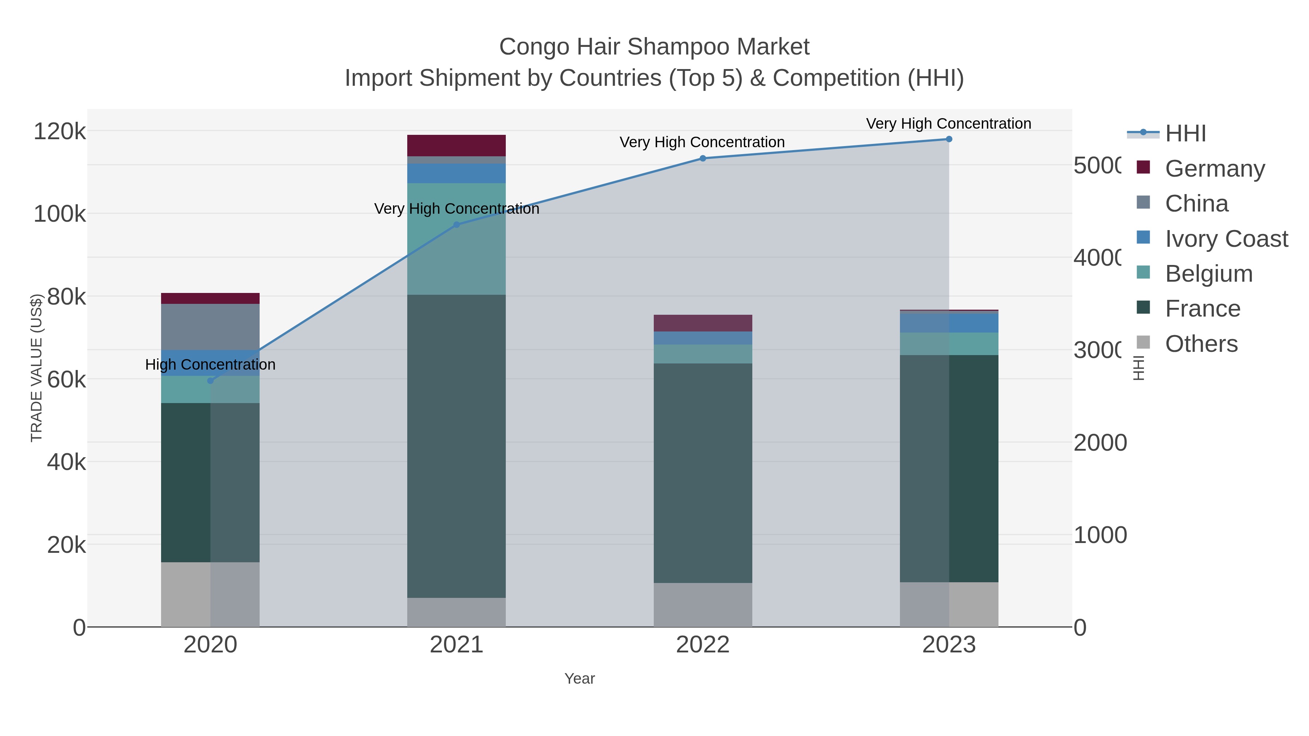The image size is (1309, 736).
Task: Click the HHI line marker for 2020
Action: [211, 381]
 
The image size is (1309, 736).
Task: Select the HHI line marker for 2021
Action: [456, 225]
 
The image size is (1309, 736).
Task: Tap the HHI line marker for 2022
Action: [703, 158]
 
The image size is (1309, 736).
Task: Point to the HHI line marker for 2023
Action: [949, 139]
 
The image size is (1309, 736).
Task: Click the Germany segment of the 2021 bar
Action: [456, 146]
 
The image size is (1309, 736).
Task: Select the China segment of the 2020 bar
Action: [211, 327]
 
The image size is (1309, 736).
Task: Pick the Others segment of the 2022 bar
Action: [703, 604]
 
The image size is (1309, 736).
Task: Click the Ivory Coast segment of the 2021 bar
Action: [456, 174]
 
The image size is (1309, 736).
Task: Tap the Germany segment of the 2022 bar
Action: [703, 323]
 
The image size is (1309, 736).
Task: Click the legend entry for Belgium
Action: [1208, 274]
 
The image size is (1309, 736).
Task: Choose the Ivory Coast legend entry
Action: [1226, 239]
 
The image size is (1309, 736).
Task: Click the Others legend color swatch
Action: [1143, 343]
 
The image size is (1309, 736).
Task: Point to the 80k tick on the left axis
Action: [66, 297]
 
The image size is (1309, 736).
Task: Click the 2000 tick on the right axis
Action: [1100, 443]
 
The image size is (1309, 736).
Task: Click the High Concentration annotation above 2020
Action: [211, 365]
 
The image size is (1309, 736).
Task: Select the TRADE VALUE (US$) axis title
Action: [37, 368]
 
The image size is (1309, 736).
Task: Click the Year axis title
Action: [579, 679]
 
